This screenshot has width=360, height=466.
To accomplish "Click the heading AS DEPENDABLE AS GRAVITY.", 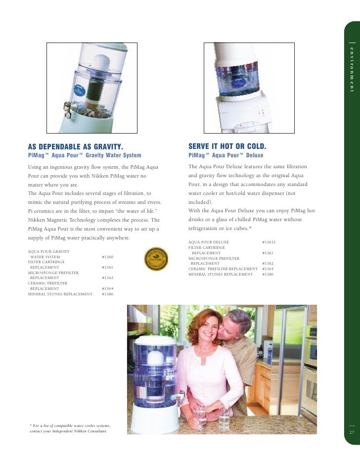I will (x=75, y=146).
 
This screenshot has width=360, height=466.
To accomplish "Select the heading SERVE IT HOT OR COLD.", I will (x=227, y=146).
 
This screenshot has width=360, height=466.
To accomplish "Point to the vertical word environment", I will (x=352, y=69).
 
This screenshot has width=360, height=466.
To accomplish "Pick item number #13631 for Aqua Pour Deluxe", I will (x=269, y=242).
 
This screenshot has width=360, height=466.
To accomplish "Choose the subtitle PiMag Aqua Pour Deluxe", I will (x=226, y=155).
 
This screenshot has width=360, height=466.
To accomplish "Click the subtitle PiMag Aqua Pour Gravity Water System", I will (x=85, y=155).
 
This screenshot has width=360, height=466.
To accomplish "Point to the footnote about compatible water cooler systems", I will (x=70, y=428).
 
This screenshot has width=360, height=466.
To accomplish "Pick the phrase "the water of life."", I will (x=135, y=211).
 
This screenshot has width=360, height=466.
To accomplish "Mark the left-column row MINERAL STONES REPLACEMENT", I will (x=60, y=294).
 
